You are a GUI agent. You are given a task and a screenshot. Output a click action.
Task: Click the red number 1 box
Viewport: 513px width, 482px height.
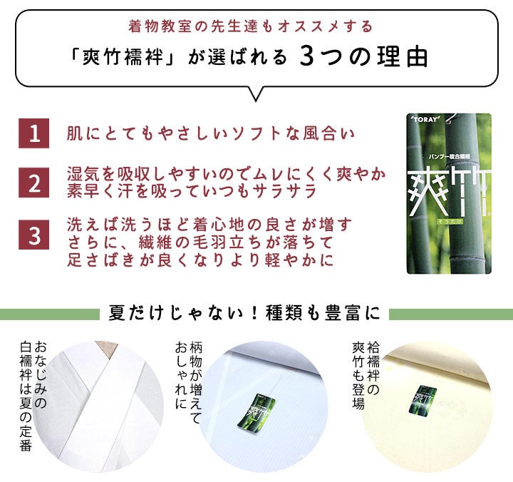(33, 133)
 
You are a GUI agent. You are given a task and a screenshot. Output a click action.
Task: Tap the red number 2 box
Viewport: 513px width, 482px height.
(33, 183)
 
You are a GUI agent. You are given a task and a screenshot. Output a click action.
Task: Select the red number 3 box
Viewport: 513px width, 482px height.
(33, 235)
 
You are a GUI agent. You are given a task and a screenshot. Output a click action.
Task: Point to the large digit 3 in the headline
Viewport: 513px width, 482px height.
(306, 56)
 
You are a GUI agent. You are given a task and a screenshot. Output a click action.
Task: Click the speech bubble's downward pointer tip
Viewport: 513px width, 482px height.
(256, 101)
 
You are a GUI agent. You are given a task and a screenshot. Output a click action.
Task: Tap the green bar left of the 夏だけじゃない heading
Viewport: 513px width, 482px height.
(50, 314)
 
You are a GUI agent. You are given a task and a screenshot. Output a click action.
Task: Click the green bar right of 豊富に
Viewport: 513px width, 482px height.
(451, 314)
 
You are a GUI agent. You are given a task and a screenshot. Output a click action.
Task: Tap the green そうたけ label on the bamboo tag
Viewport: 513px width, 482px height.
(450, 222)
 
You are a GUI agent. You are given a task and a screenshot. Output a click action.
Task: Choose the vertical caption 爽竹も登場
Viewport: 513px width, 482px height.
(358, 376)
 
